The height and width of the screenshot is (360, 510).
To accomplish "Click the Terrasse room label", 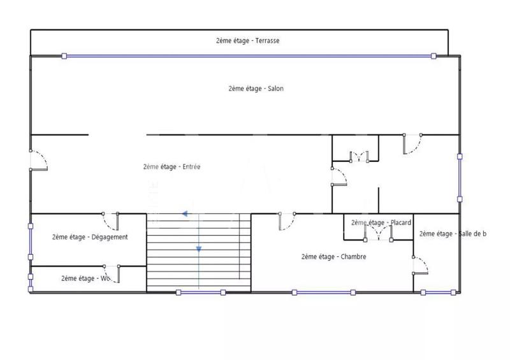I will (247, 40).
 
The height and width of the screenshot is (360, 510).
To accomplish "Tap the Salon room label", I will (256, 89).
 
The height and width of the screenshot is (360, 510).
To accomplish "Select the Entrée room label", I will (171, 167).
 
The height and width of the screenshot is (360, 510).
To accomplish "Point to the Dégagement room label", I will (90, 237).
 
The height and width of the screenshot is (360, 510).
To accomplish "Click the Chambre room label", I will (333, 257).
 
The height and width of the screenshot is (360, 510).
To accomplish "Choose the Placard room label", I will (381, 222).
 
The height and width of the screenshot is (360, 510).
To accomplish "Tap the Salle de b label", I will (453, 234).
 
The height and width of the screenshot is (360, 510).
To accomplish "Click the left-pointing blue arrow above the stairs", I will (185, 214).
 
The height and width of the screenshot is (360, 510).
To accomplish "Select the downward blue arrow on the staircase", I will (199, 249).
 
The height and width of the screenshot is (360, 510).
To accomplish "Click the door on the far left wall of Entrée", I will (38, 160).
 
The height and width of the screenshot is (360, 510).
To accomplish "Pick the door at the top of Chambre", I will (286, 220).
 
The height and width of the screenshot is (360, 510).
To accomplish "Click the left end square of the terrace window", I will (64, 56).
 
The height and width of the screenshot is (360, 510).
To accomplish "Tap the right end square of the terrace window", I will (433, 56).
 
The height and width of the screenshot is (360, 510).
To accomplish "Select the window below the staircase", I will (200, 292).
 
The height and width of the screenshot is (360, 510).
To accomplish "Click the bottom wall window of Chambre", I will (323, 292).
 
